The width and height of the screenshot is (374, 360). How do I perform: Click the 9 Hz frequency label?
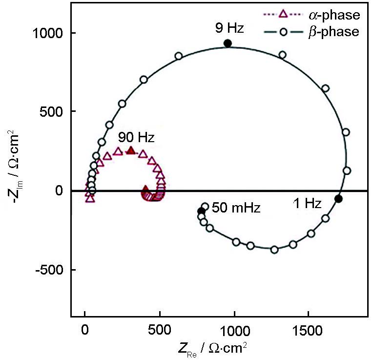pyautogui.click(x=229, y=28)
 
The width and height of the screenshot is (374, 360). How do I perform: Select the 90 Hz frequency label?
pyautogui.click(x=136, y=137)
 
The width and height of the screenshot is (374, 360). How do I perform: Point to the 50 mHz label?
pyautogui.click(x=236, y=208)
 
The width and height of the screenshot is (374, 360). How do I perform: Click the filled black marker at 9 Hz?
pyautogui.click(x=227, y=43)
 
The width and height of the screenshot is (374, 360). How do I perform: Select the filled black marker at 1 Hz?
pyautogui.click(x=338, y=198)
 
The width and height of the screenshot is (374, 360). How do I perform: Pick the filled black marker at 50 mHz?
pyautogui.click(x=201, y=211)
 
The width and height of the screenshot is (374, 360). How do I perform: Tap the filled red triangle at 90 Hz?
pyautogui.click(x=130, y=150)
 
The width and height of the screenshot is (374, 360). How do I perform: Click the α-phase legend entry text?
pyautogui.click(x=337, y=15)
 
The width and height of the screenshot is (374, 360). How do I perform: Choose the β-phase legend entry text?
pyautogui.click(x=337, y=32)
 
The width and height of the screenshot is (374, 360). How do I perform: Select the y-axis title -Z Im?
pyautogui.click(x=14, y=160)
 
